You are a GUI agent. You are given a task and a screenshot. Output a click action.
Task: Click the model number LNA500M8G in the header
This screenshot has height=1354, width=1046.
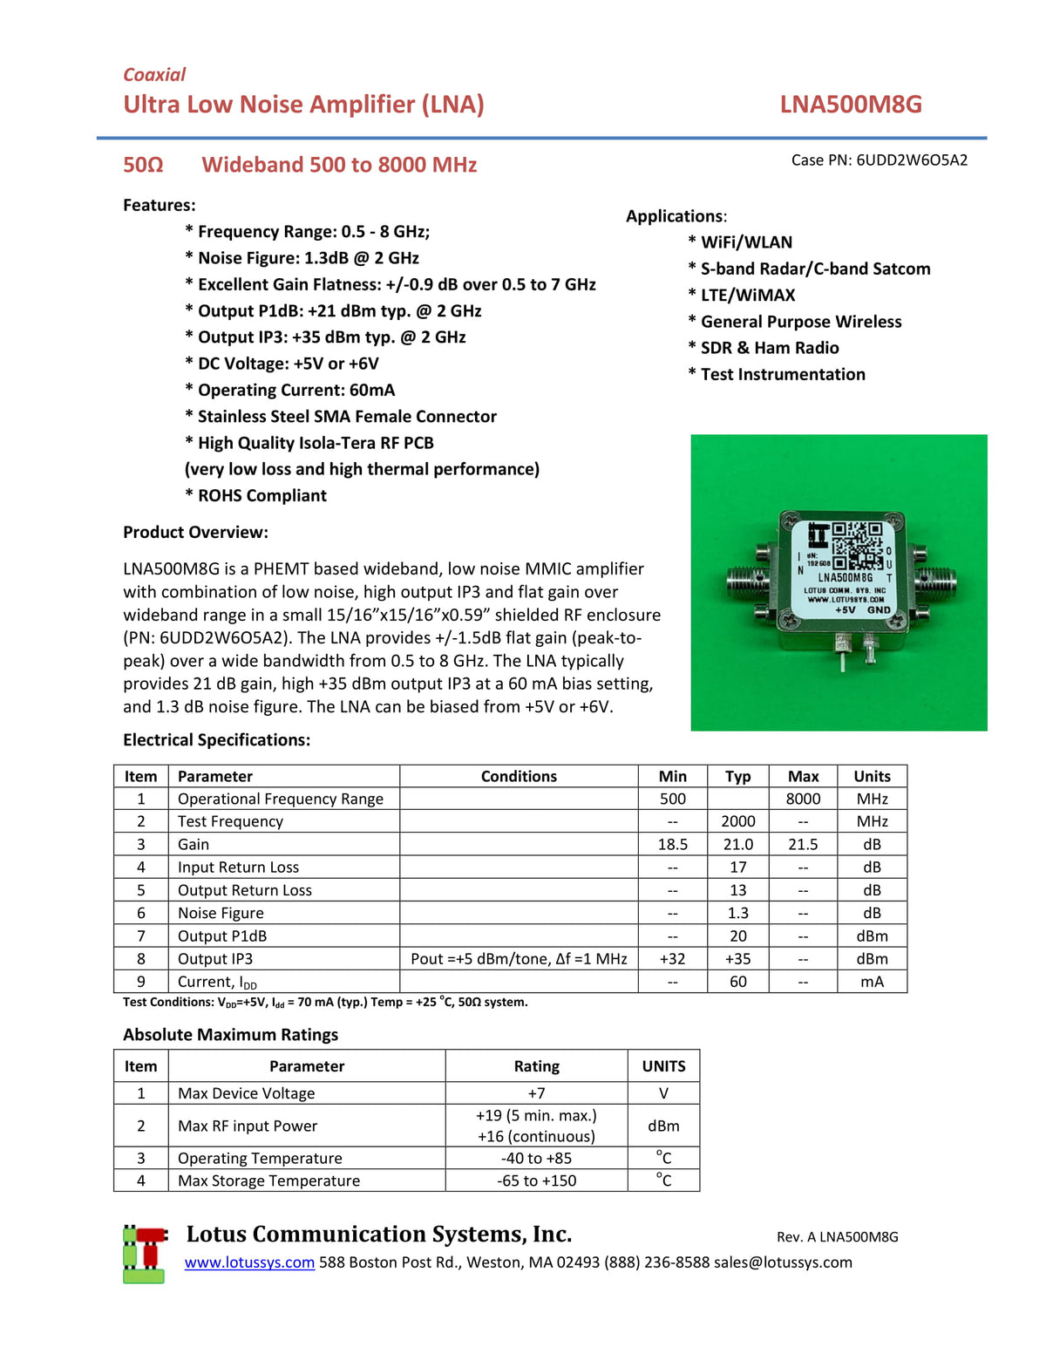pos(850,105)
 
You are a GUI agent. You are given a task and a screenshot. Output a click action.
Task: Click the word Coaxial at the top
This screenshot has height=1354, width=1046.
pos(154,75)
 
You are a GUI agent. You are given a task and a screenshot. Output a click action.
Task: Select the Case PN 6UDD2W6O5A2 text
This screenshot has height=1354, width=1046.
pos(879,160)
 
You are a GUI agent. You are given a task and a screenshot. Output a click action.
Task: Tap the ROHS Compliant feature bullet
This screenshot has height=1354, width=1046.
pos(255,495)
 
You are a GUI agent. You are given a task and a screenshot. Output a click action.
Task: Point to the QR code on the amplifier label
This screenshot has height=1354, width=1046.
pos(857,546)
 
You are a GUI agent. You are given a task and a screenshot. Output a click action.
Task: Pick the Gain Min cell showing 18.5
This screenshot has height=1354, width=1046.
pos(672,844)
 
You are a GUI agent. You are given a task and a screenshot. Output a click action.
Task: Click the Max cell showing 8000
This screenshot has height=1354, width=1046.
pos(803,799)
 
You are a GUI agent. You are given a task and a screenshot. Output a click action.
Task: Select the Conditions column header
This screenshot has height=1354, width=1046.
pos(519,776)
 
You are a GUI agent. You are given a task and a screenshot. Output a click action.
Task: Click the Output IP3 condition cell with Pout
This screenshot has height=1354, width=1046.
pos(519,958)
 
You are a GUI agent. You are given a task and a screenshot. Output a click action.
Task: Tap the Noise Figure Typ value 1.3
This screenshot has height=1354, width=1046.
pos(737,913)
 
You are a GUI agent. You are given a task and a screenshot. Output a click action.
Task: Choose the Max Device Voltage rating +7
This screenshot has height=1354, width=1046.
pos(536,1093)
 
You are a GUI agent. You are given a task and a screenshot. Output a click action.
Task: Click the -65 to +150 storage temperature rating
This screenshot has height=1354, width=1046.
pos(536,1180)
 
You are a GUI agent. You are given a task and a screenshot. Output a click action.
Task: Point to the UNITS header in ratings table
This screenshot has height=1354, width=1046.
pos(663,1066)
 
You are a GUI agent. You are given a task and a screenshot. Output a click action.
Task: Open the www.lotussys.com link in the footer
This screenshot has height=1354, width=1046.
pos(249,1262)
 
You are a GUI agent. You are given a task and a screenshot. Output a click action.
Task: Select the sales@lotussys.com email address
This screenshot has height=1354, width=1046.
pos(783,1262)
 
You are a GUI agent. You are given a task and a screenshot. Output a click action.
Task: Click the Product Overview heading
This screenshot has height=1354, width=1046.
pos(195,533)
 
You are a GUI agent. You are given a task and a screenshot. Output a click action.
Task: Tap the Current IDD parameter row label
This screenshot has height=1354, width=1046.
pos(217,982)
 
